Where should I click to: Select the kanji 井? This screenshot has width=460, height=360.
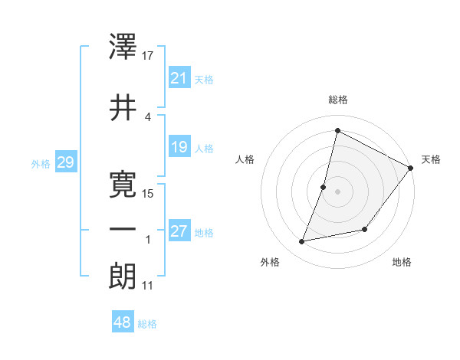(124, 107)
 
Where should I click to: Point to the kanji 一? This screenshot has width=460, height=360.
(124, 230)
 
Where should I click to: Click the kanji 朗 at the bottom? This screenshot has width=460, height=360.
(124, 277)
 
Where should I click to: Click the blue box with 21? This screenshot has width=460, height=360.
(179, 78)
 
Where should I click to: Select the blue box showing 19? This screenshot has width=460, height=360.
(179, 147)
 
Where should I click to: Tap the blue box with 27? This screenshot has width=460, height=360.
(179, 231)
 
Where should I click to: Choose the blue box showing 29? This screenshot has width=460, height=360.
(65, 162)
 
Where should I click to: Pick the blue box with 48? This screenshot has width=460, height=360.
(123, 322)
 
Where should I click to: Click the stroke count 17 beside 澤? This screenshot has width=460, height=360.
(149, 56)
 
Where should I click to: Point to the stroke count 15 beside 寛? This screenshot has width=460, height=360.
(149, 193)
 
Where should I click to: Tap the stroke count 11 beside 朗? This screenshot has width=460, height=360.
(147, 286)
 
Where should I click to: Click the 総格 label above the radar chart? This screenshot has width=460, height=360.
(337, 100)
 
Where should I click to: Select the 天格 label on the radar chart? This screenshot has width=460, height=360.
(431, 159)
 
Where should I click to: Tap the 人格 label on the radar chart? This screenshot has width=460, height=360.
(245, 159)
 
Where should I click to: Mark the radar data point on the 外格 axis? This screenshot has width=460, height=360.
(302, 242)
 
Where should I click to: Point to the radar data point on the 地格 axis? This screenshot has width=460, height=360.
(366, 229)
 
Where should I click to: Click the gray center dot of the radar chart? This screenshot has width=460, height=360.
(337, 191)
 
